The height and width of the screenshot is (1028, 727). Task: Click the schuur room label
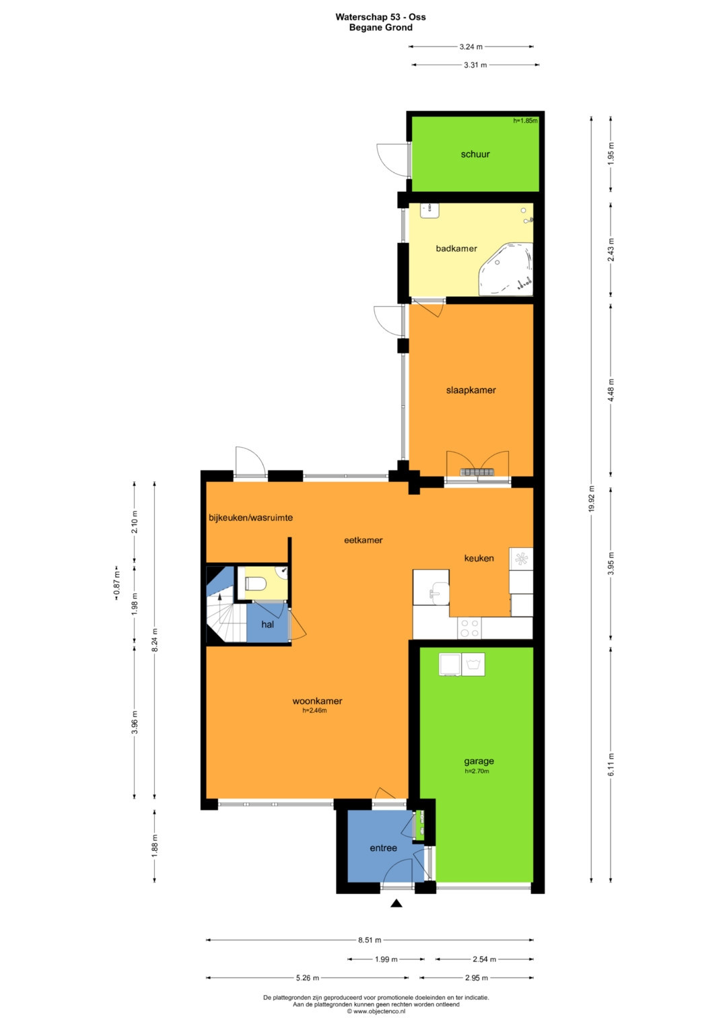pos(475,154)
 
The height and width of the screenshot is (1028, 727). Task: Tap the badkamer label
pos(456,248)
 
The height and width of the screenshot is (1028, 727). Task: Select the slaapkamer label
pos(471,390)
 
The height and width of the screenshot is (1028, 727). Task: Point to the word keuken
pos(479,558)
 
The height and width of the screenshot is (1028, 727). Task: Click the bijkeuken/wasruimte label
pos(250,518)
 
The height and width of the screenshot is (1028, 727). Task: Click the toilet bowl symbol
pos(256,584)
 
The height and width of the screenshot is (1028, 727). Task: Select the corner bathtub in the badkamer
pos(506,269)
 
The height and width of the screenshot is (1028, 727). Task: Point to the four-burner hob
pos(470,628)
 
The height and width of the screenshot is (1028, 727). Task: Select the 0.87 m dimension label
pos(117,583)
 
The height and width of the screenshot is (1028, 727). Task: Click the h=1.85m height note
pos(525,121)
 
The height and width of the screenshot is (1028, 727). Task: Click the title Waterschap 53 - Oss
pos(380,17)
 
